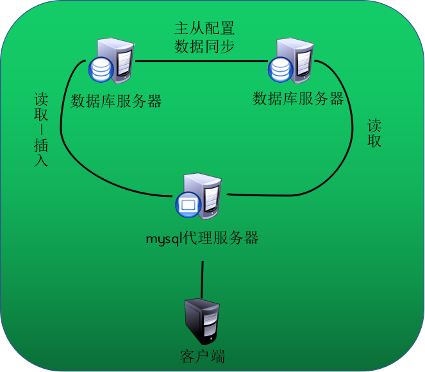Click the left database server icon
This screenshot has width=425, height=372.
coord(113,62)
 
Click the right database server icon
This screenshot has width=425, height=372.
coord(292,61)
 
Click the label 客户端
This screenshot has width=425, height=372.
coord(203,356)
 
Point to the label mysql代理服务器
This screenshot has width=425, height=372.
coord(202,239)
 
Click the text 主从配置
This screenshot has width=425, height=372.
coord(204,28)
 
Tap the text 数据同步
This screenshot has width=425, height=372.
coord(204,46)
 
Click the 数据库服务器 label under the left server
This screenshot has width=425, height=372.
coord(116,101)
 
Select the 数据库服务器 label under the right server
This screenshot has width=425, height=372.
coord(298,99)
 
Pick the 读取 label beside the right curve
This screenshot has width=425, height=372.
coord(374,133)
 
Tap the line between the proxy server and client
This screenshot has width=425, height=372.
coord(203,279)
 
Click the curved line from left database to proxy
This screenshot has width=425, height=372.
coord(83,160)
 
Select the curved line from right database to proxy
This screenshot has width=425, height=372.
coord(340,167)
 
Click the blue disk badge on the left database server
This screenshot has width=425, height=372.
coord(101,70)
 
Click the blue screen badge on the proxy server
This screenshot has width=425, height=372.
coord(187,205)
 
